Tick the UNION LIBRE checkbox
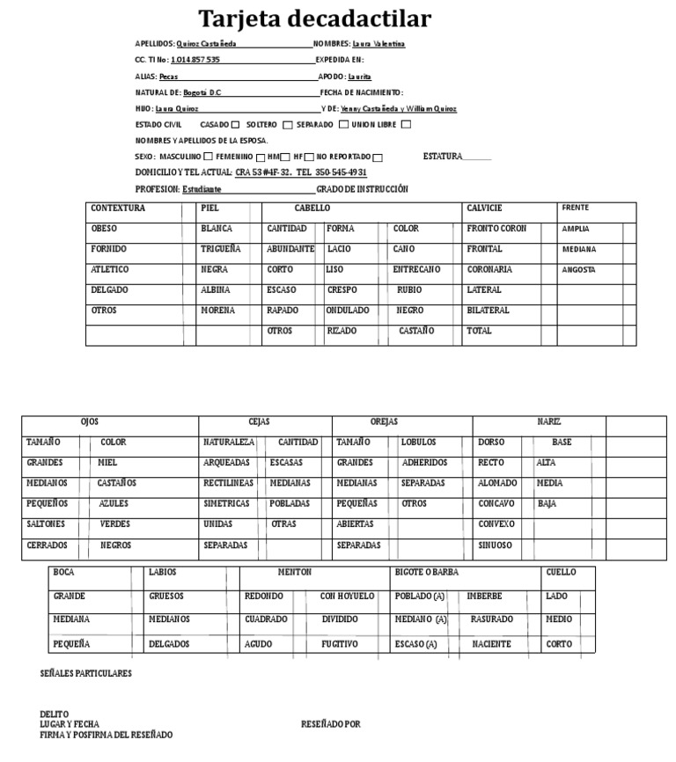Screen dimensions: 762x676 tap(406, 125)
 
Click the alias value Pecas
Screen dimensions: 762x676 tap(168, 77)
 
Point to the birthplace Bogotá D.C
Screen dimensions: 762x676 tap(203, 92)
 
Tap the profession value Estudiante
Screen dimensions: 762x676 tap(202, 189)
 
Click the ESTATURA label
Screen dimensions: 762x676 tap(443, 157)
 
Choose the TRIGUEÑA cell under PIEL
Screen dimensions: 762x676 tap(221, 249)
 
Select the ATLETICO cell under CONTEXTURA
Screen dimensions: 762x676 tap(110, 269)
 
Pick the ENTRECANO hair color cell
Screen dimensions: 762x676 tap(416, 269)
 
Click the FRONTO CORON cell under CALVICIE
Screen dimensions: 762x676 tap(496, 229)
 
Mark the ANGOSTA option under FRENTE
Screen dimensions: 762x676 tap(578, 269)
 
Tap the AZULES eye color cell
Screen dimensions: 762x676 tap(114, 503)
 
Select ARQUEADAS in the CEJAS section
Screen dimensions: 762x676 tap(226, 462)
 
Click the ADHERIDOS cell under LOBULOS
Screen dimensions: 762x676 tap(424, 462)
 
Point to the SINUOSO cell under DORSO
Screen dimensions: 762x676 tap(495, 546)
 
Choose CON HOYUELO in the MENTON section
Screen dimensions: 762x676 tap(347, 597)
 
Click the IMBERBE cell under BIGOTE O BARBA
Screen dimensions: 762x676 tap(484, 597)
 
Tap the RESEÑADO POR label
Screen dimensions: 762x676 tap(330, 724)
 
